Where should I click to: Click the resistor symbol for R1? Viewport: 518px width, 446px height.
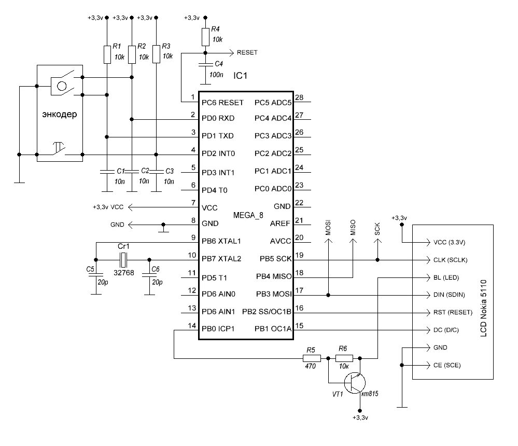(107, 54)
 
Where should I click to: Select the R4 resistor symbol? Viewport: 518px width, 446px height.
(205, 37)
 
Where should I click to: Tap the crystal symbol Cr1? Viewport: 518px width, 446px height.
(123, 260)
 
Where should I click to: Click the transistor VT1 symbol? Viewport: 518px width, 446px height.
(355, 382)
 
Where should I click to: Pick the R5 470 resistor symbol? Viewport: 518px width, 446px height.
(312, 358)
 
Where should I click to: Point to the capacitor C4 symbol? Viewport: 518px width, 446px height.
(205, 64)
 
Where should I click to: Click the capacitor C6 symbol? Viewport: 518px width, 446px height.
(149, 274)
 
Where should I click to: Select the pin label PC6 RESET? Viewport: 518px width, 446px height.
(222, 103)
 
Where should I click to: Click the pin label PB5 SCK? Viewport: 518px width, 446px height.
(275, 259)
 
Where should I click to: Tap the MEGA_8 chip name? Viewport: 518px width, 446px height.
(248, 215)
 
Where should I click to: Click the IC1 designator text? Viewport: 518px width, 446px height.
(240, 76)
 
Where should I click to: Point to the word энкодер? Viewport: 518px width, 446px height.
(60, 114)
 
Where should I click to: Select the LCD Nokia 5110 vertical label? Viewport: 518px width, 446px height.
(483, 308)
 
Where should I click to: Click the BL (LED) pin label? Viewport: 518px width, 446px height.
(446, 277)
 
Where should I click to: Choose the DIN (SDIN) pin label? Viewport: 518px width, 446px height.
(449, 295)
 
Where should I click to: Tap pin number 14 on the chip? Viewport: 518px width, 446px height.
(192, 326)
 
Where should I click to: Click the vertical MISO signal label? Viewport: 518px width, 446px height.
(353, 228)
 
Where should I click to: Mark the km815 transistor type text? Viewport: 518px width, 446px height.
(369, 394)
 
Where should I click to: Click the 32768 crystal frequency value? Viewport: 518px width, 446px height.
(124, 273)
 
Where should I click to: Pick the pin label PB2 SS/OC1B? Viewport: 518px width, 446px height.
(267, 312)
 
